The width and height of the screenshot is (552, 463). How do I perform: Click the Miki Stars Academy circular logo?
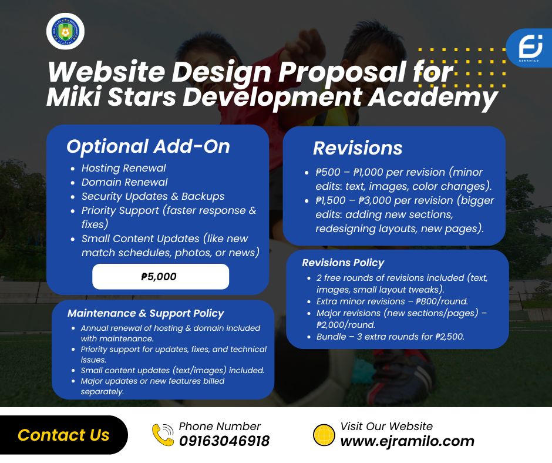point(65,31)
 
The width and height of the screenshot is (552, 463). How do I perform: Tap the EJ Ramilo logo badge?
point(530,48)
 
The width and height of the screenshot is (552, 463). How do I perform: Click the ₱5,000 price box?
point(160,277)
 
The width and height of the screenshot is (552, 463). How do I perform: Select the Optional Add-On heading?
point(148,146)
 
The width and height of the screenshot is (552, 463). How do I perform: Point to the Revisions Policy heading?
point(343,263)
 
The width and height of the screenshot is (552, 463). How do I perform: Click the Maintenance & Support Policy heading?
point(146,313)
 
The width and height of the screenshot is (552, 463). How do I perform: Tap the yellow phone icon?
point(163,435)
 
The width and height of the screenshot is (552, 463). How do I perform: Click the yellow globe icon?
point(324,435)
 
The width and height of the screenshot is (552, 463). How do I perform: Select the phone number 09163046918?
point(224,441)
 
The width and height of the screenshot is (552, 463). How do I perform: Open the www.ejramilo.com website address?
point(408,441)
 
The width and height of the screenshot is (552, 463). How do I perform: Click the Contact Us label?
point(63,435)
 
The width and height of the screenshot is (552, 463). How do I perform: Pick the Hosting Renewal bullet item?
point(123,168)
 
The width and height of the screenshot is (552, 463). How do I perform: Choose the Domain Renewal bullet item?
point(124,182)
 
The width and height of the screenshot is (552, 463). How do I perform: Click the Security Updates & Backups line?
point(153,196)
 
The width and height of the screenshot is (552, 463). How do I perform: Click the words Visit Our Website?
point(386,427)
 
